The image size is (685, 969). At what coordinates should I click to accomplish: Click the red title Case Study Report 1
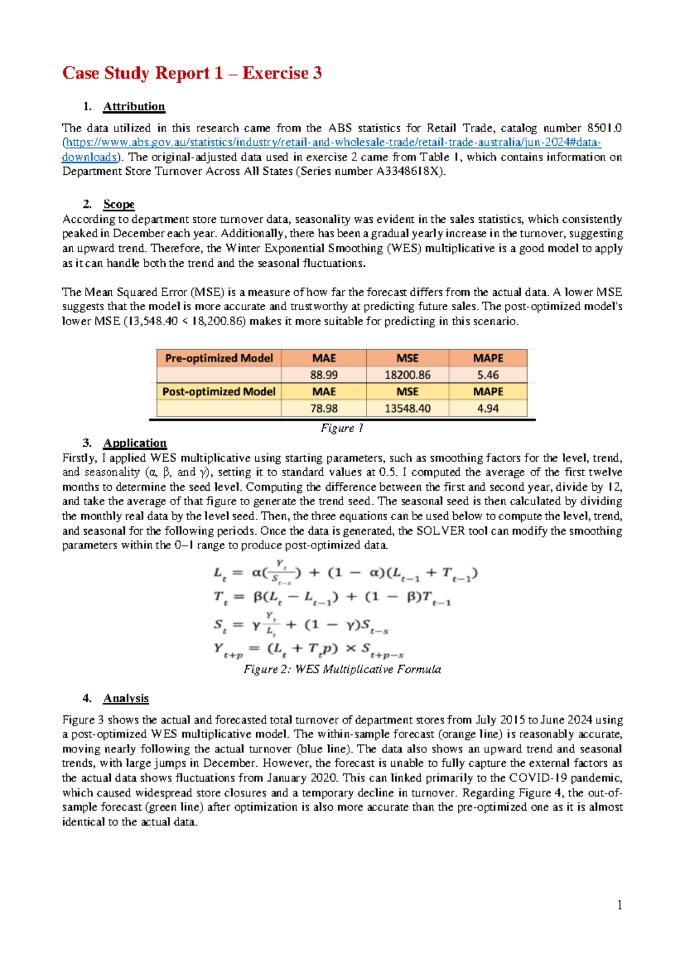192,73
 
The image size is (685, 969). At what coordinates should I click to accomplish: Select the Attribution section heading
134,106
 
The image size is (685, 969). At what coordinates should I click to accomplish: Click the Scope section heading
119,204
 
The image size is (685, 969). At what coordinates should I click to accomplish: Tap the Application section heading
135,443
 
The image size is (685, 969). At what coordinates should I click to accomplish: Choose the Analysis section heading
126,698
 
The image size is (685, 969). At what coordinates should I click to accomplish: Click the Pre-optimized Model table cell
219,358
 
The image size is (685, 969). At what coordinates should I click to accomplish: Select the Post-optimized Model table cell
219,392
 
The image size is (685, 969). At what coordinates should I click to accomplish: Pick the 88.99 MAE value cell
324,375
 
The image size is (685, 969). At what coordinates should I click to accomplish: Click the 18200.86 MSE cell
407,375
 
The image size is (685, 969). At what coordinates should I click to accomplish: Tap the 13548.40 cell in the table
407,409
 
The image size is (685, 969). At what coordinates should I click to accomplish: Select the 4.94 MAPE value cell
487,409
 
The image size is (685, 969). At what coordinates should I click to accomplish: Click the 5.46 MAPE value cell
487,375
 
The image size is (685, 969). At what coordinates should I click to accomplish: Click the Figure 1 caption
342,428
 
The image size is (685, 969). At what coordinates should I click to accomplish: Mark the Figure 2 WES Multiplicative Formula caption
342,669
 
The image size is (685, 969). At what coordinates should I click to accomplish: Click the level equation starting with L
345,572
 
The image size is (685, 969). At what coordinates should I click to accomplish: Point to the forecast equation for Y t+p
308,650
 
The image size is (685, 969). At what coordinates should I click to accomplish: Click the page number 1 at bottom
619,905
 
